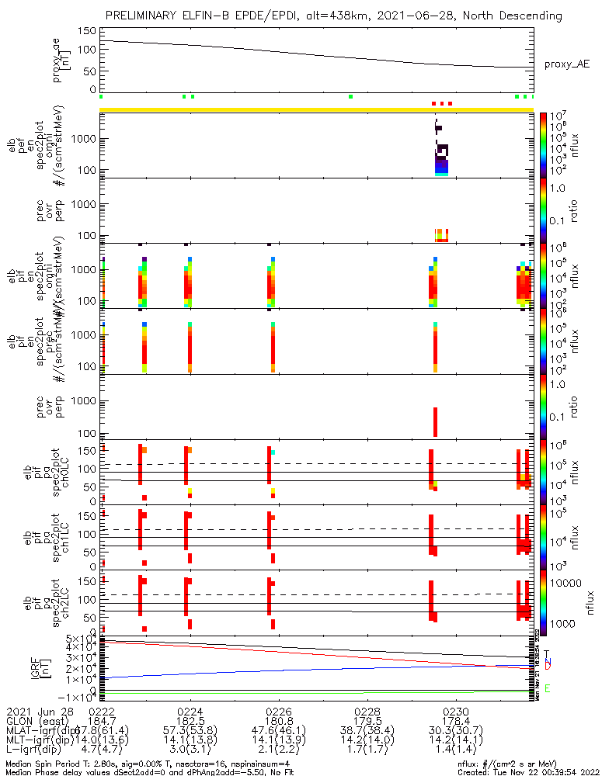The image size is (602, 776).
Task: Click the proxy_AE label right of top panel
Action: click(x=566, y=64)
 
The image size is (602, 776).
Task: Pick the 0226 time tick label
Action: click(x=279, y=711)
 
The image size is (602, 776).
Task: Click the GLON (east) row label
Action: click(x=36, y=721)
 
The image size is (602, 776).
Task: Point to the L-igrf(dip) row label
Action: click(x=37, y=751)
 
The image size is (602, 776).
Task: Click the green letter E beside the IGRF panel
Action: click(x=548, y=688)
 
